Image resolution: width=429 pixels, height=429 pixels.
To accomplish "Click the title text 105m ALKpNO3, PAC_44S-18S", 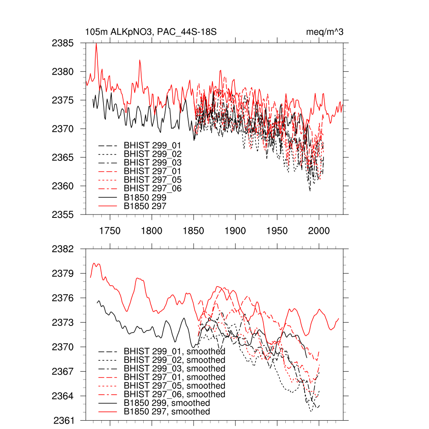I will click(x=151, y=32).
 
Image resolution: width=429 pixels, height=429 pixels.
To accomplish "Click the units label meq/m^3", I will click(x=325, y=32).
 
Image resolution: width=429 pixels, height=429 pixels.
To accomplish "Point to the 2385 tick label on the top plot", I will click(x=63, y=43).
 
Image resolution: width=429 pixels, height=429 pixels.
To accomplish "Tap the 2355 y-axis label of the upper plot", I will click(x=63, y=214).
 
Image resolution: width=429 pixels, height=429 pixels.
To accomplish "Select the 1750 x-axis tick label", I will click(x=110, y=231).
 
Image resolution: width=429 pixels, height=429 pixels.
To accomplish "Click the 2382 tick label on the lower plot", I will click(x=63, y=249).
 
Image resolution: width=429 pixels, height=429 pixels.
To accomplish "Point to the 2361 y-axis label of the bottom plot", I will click(x=63, y=420).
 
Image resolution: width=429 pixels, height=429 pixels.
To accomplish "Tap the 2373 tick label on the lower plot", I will click(x=63, y=323).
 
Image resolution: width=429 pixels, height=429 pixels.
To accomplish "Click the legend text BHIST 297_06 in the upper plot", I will click(x=152, y=189).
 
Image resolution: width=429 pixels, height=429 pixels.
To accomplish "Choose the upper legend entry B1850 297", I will click(x=145, y=206).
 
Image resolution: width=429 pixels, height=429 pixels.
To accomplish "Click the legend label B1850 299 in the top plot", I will click(x=145, y=197).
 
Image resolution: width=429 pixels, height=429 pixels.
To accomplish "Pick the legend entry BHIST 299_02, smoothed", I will click(x=174, y=360).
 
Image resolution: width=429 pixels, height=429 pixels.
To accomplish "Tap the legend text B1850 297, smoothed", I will click(x=167, y=412).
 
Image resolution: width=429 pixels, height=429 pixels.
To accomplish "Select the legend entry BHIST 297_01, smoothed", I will click(x=174, y=377).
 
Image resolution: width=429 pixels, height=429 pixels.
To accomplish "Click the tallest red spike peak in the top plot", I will click(x=96, y=44).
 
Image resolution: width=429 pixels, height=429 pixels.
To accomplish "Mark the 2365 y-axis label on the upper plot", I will click(x=63, y=158).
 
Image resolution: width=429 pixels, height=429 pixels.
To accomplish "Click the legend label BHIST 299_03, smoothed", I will click(x=174, y=369).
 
